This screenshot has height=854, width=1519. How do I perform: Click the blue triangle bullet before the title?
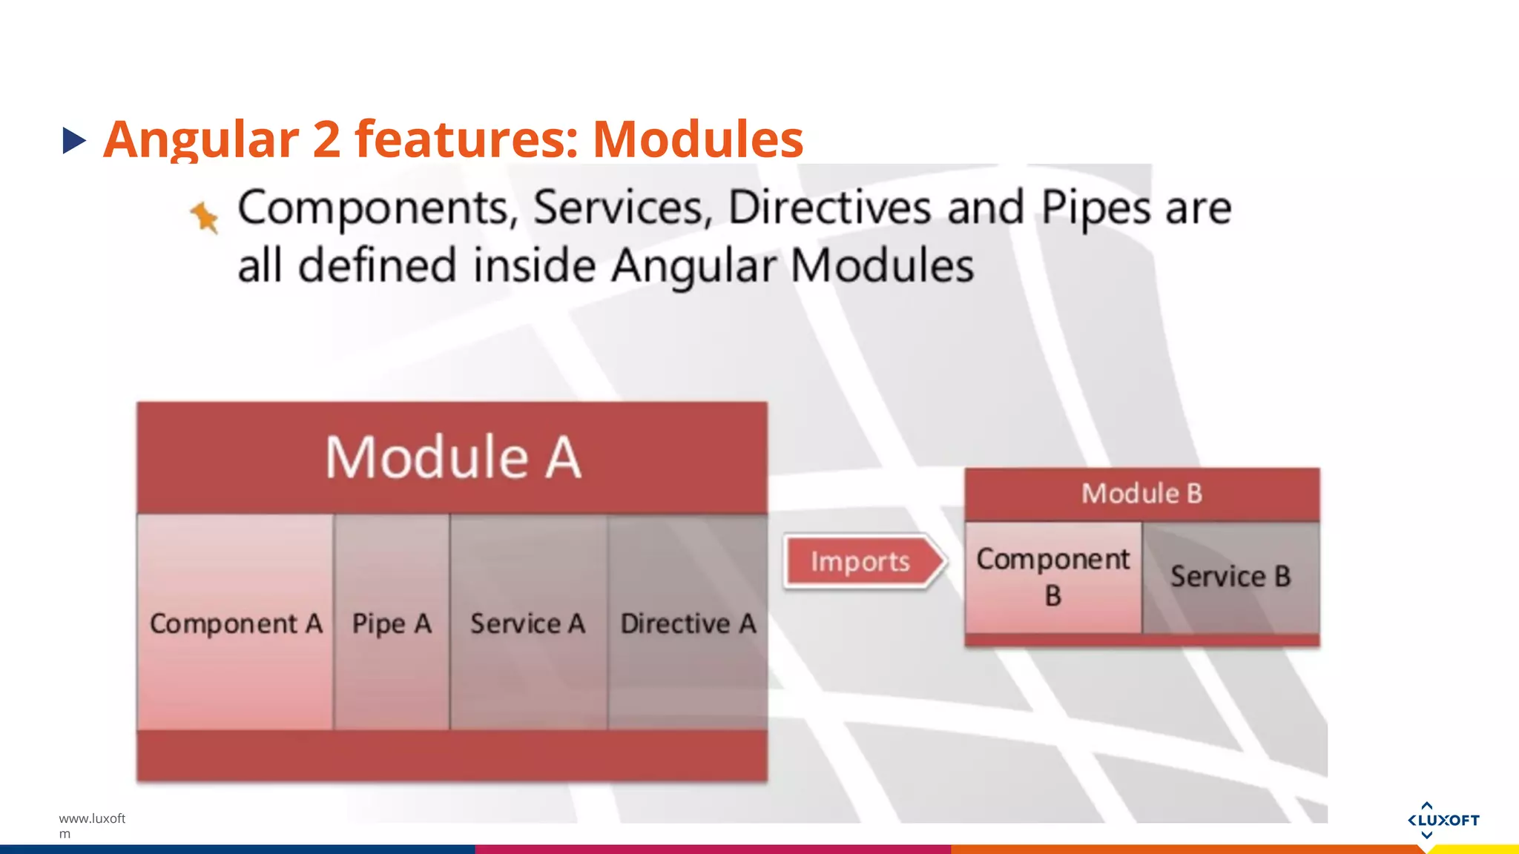[74, 140]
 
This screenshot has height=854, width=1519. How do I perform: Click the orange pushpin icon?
[205, 217]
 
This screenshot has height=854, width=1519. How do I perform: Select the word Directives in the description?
[829, 208]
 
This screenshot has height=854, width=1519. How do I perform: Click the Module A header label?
[452, 457]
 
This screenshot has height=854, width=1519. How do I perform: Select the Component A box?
[235, 623]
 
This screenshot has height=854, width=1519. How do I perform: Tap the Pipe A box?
[392, 623]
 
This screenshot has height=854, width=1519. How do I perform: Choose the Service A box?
[528, 623]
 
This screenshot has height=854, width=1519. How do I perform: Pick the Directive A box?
[688, 623]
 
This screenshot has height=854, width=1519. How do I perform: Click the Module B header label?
[1141, 493]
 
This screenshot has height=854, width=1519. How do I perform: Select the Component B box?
[1053, 577]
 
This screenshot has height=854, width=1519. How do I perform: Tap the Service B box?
[1230, 577]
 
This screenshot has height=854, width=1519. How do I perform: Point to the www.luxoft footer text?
[92, 818]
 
